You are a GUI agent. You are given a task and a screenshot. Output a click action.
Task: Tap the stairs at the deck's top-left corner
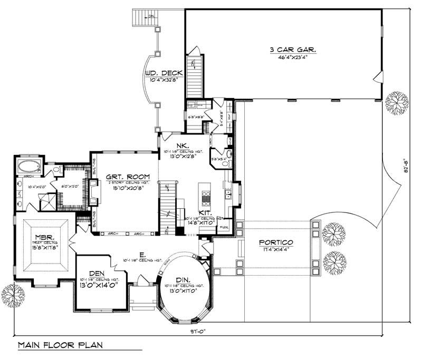[142, 16]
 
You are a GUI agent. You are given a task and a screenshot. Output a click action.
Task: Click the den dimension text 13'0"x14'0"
[97, 285]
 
